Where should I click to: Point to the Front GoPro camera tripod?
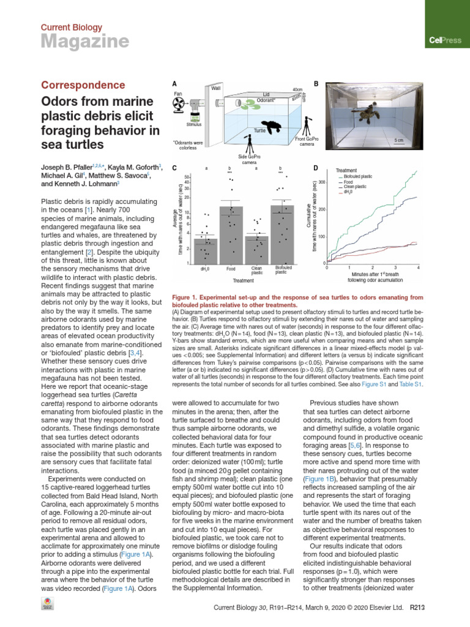(x=308, y=127)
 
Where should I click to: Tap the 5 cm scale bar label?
(x=398, y=140)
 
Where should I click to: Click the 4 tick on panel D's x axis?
(x=418, y=268)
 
